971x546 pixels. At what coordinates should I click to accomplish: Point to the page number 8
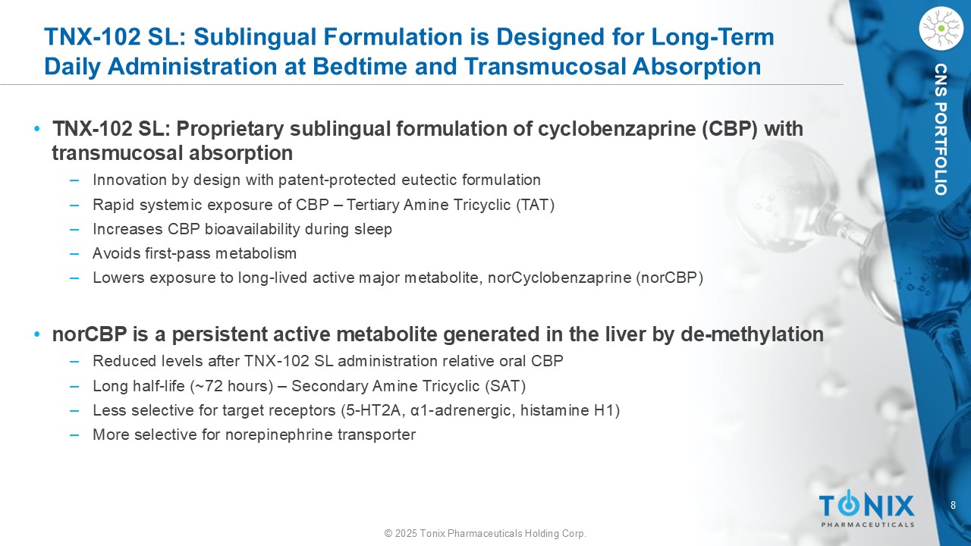pyautogui.click(x=953, y=505)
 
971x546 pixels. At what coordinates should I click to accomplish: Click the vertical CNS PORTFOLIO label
pyautogui.click(x=941, y=129)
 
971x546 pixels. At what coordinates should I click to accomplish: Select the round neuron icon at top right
pyautogui.click(x=941, y=29)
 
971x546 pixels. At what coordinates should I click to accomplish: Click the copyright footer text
pyautogui.click(x=485, y=533)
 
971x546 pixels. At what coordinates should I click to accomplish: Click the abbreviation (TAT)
pyautogui.click(x=535, y=205)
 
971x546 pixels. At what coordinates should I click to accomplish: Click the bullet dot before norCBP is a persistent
pyautogui.click(x=37, y=334)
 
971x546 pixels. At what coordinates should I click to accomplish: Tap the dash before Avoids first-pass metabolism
pyautogui.click(x=74, y=253)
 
